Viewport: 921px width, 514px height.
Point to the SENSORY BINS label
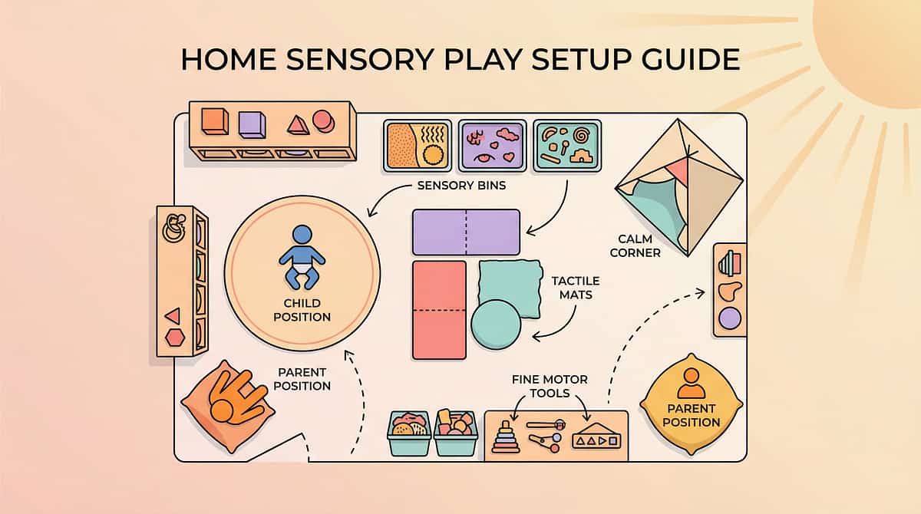coord(460,185)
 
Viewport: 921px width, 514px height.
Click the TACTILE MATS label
coord(576,288)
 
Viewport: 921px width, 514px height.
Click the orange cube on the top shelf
coord(214,121)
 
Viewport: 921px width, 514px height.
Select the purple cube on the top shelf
coord(251,124)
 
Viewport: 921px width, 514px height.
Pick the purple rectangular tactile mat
coord(466,232)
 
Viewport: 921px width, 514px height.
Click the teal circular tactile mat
coord(496,325)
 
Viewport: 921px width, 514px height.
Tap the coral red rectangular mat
coord(439,309)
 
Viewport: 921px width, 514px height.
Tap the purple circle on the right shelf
coord(730,318)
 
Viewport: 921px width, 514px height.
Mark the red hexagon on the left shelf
coord(175,337)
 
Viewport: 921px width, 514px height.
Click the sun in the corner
coord(875,46)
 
